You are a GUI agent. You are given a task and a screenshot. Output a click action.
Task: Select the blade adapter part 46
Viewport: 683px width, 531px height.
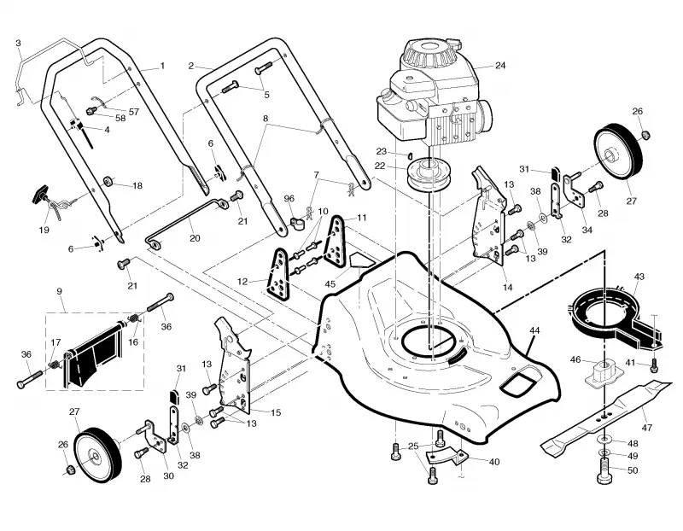(x=604, y=373)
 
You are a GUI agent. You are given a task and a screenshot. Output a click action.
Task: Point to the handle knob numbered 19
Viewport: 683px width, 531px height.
(x=45, y=194)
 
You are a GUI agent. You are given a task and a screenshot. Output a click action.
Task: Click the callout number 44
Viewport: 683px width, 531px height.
(x=534, y=330)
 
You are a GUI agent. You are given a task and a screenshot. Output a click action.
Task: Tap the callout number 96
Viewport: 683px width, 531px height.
(x=289, y=198)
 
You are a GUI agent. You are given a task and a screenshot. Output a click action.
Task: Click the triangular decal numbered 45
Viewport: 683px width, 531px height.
(x=362, y=261)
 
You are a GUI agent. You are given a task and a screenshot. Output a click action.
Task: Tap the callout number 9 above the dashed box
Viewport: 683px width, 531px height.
(x=59, y=291)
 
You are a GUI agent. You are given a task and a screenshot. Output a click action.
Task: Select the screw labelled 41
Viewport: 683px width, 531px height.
(x=653, y=366)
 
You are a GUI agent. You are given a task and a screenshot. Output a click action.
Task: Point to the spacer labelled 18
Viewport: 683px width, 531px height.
(x=108, y=181)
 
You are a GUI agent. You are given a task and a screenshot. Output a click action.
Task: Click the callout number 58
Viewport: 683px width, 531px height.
(x=120, y=118)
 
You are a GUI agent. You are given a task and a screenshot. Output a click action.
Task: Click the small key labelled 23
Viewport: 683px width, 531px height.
(x=410, y=155)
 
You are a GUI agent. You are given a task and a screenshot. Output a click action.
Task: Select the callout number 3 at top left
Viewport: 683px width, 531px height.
(x=18, y=44)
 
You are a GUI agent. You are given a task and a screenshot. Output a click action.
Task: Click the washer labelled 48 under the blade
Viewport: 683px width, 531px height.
(x=604, y=438)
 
